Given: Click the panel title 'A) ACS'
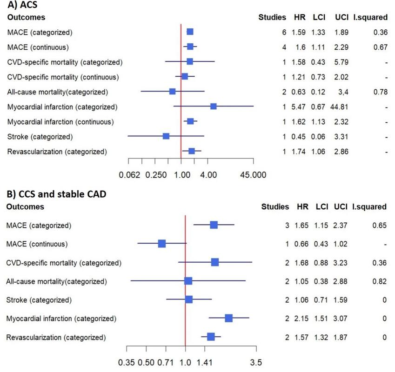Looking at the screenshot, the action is point(22,5).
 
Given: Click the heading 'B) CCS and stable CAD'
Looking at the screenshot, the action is point(56,194).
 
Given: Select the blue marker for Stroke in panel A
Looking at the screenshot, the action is point(166,136).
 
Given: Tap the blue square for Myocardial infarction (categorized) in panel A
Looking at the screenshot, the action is point(214,106).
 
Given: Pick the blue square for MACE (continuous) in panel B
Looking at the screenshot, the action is point(162,244).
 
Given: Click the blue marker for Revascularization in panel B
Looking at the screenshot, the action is point(211,337).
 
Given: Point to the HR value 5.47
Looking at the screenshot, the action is point(299,107).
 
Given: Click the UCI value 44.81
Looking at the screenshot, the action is point(339,107).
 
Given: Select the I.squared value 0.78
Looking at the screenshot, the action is point(381,92).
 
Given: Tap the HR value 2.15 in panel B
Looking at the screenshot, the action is point(301,319).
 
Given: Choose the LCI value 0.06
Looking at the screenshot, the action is point(318,137).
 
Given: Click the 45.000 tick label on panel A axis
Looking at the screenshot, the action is point(253,175).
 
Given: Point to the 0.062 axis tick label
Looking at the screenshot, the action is point(129,175).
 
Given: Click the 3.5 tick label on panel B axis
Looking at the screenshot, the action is point(256,363).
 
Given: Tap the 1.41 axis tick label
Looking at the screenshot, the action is point(205,363).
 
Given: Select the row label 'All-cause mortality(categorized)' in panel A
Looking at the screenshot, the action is point(57,92).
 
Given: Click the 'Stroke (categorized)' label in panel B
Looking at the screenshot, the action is point(39,300).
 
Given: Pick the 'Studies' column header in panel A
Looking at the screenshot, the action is point(272,17).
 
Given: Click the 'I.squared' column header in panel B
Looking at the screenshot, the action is point(369,207).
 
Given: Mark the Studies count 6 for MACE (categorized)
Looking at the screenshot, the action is point(284,33).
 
